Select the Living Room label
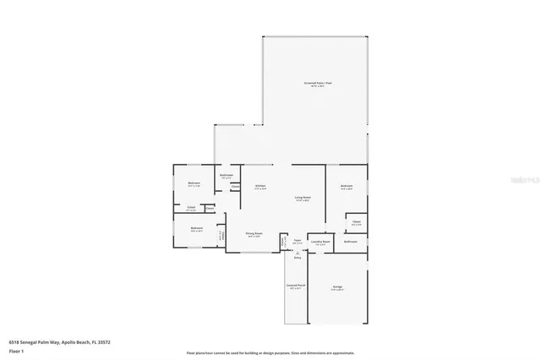click(x=302, y=199)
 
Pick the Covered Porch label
click(x=295, y=287)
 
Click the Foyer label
click(x=297, y=242)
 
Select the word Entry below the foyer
click(x=297, y=258)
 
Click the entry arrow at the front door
click(x=297, y=252)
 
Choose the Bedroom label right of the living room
click(x=347, y=187)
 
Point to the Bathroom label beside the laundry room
click(x=351, y=242)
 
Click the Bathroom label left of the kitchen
click(x=227, y=177)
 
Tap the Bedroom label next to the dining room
click(x=196, y=228)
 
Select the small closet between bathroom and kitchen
click(x=235, y=186)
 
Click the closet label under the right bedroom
click(x=358, y=222)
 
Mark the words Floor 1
click(x=16, y=350)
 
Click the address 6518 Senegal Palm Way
click(x=60, y=341)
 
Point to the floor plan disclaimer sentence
click(x=270, y=353)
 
